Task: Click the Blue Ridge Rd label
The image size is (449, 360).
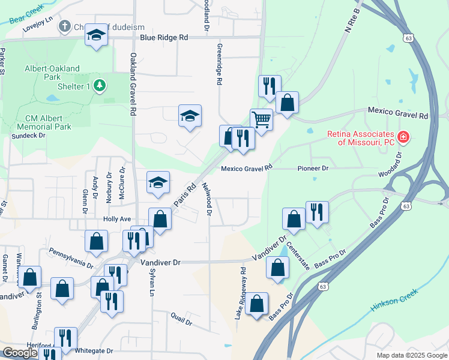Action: [x=164, y=37]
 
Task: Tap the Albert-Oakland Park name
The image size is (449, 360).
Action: [x=52, y=73]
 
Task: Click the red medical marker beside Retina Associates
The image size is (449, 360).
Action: [x=403, y=137]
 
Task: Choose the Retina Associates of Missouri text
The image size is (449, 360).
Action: [x=360, y=138]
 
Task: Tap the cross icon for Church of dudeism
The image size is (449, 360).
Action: [x=65, y=26]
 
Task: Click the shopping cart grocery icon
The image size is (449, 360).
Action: [x=261, y=119]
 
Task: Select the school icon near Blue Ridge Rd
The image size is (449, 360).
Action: [x=95, y=35]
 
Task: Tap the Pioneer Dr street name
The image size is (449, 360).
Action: [x=313, y=169]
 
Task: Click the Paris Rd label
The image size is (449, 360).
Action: [x=185, y=196]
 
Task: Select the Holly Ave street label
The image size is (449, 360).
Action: [x=117, y=220]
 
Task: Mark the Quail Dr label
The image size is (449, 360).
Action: [x=181, y=318]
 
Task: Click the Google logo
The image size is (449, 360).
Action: [x=20, y=353]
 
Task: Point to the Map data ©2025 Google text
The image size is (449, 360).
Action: [x=411, y=355]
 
